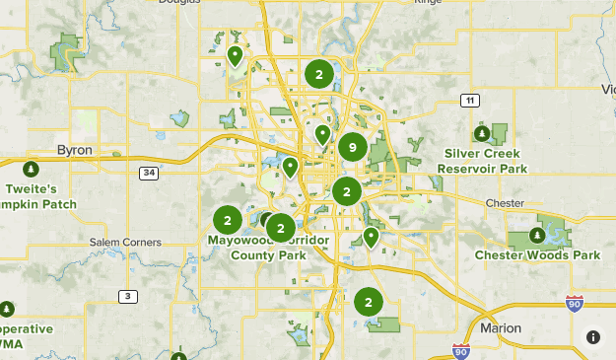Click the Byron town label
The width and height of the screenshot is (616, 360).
tap(75, 150)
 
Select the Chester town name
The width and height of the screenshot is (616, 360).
tap(505, 203)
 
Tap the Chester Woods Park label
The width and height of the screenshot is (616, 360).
tap(537, 254)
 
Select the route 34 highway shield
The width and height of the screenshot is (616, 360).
tap(149, 174)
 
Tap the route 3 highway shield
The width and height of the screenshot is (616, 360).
tap(127, 296)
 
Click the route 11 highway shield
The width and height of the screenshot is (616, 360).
tap(470, 101)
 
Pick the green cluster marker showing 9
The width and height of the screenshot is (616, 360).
tap(352, 148)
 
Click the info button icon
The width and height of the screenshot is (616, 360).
tap(593, 337)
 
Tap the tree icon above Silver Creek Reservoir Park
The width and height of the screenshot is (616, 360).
tap(481, 133)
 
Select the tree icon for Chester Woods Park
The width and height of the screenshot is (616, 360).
tap(536, 235)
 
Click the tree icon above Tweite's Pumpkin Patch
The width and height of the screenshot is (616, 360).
tap(31, 169)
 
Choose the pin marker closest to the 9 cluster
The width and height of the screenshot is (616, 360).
tap(322, 135)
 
